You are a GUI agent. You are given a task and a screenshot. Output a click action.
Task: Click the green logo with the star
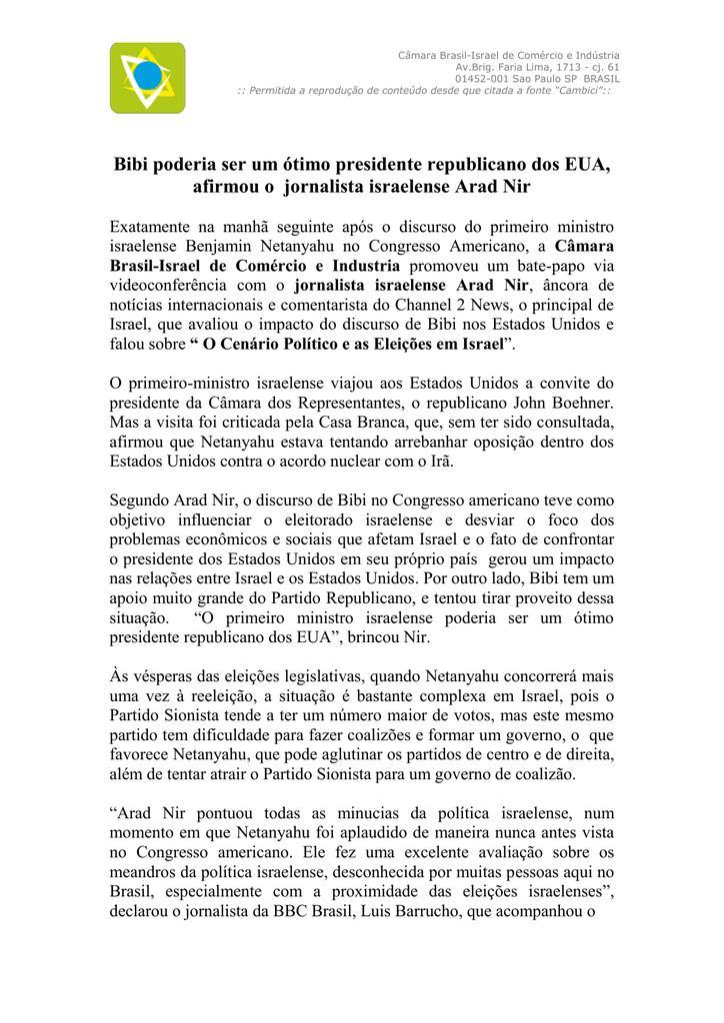pos(147,77)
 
